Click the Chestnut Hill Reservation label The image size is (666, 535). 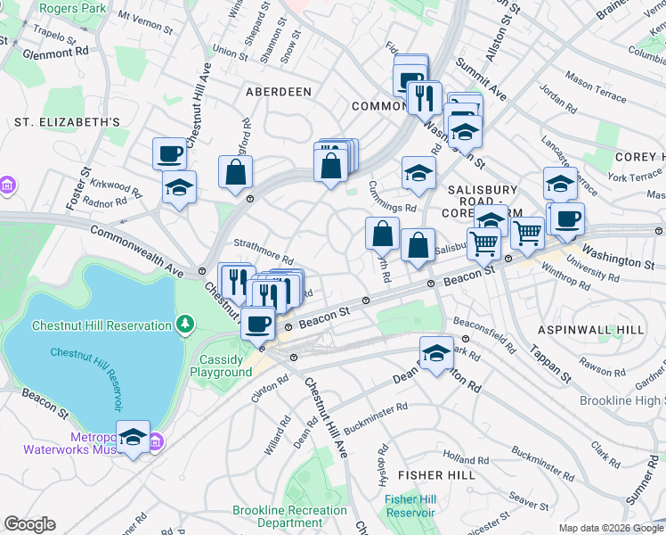tap(102, 325)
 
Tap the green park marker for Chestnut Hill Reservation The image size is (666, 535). tap(185, 323)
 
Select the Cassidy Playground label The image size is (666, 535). tap(221, 366)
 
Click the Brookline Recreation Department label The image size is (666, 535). tap(289, 517)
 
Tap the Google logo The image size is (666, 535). tap(29, 524)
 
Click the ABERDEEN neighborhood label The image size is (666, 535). tap(279, 92)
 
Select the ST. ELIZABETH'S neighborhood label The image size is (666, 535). tap(67, 121)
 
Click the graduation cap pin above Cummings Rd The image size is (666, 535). tap(418, 173)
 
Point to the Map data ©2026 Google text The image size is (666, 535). tap(610, 528)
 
